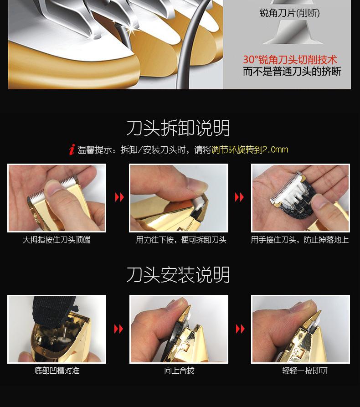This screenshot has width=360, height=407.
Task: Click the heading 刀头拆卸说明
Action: coord(178,129)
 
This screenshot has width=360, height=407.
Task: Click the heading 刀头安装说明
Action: coord(178,275)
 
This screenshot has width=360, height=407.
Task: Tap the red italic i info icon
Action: coord(72,149)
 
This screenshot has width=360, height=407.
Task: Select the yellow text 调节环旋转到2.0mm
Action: coord(250,149)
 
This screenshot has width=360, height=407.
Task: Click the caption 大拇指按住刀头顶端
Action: coord(57,240)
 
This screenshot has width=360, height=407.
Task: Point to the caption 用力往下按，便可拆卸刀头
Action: coord(181,240)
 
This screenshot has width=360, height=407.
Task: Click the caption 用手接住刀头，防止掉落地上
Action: coord(300,240)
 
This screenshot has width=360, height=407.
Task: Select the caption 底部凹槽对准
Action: coord(57,371)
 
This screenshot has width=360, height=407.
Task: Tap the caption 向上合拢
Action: coord(179,371)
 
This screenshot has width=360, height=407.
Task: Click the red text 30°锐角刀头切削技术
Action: coord(290,60)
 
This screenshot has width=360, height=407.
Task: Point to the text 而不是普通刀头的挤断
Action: coord(292,72)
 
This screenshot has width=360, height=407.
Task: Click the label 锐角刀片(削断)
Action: coord(290,13)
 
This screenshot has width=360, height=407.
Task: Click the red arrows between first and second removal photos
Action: coord(119,197)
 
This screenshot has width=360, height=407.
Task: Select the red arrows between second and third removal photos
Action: coord(239,197)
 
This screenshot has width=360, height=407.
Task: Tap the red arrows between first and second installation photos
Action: coord(118,329)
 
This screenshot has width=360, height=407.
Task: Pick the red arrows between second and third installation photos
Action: coord(240,329)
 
